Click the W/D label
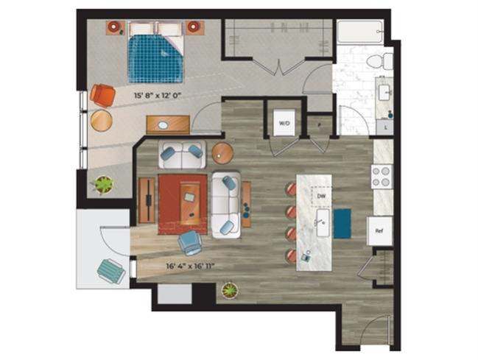[284, 124]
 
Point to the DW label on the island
[322, 197]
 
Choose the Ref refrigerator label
[379, 230]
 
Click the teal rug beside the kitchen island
[342, 224]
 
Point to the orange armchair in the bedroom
[103, 96]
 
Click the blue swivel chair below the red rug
[191, 242]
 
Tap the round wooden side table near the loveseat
[222, 153]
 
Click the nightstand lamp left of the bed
[116, 28]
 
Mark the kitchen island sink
[321, 224]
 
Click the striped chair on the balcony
[111, 271]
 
